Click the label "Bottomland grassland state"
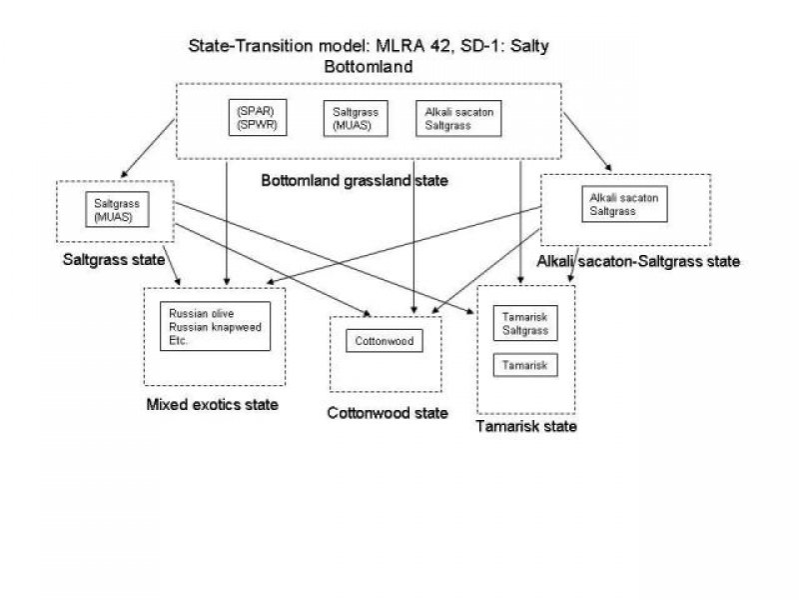pyautogui.click(x=354, y=181)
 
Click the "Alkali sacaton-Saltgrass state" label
pyautogui.click(x=638, y=261)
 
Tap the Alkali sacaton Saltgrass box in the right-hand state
pyautogui.click(x=622, y=205)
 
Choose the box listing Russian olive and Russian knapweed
pyautogui.click(x=215, y=326)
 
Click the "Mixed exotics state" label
pyautogui.click(x=212, y=404)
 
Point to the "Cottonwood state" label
pyautogui.click(x=388, y=412)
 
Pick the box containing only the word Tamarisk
pyautogui.click(x=525, y=366)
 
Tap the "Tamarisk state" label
pyautogui.click(x=527, y=427)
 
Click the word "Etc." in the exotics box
pyautogui.click(x=180, y=340)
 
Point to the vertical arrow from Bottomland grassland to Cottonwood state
pyautogui.click(x=413, y=240)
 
